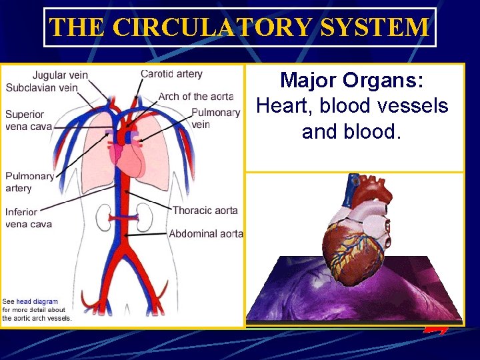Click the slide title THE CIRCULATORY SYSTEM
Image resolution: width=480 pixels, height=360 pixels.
239,27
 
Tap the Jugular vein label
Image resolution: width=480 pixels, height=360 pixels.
60,75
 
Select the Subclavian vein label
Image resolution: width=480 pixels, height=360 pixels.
41,87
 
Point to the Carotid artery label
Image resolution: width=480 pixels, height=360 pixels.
171,73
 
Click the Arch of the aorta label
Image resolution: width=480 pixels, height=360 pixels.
195,97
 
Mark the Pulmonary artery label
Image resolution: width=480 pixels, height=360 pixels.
29,182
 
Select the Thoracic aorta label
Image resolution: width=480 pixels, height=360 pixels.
205,211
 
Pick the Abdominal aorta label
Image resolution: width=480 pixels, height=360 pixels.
205,234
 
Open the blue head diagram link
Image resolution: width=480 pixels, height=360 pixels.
37,301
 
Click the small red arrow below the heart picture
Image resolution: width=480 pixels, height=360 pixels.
435,329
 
